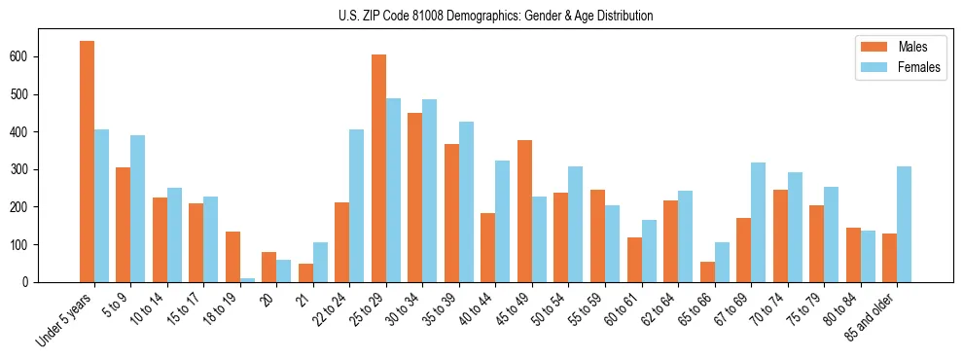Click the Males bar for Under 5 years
pos(87,162)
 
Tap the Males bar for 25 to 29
pos(378,168)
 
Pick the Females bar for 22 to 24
pos(357,205)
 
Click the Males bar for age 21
pos(305,272)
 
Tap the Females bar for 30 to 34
pos(430,191)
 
